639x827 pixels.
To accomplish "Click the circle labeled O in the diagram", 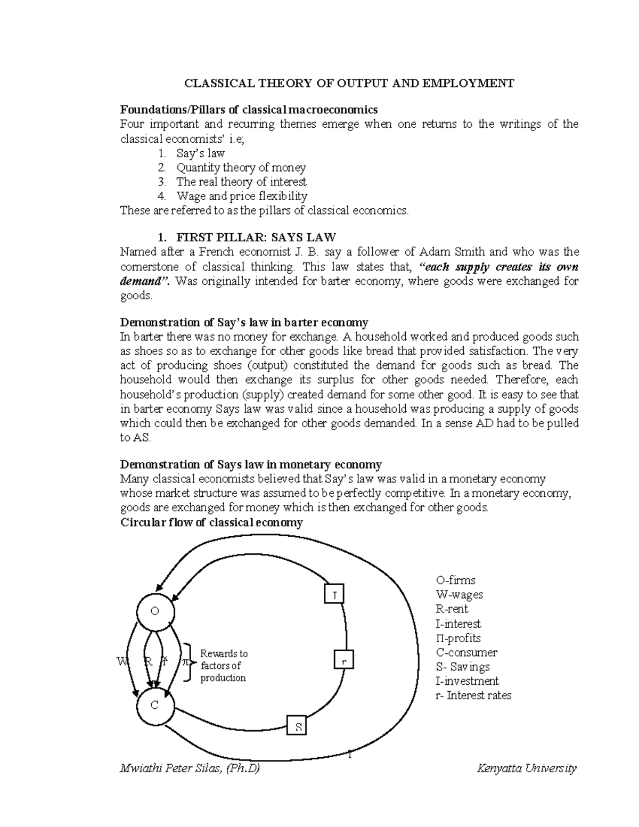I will (155, 612).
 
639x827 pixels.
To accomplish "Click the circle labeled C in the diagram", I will (155, 706).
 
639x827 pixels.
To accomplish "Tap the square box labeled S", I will (298, 726).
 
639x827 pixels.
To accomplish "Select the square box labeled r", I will (344, 660).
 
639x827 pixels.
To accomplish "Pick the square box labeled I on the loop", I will (334, 594).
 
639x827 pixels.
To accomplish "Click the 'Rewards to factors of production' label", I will (224, 666).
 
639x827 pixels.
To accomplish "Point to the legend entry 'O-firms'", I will (455, 580).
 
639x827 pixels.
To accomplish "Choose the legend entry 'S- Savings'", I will (463, 667).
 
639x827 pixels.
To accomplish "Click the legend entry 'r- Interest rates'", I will (473, 695).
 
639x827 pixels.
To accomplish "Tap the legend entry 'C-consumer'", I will (466, 652).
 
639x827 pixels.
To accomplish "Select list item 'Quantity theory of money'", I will (241, 168).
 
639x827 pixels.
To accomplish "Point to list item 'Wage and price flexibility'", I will (242, 196).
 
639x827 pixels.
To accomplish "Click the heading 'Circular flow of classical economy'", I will (211, 522).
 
